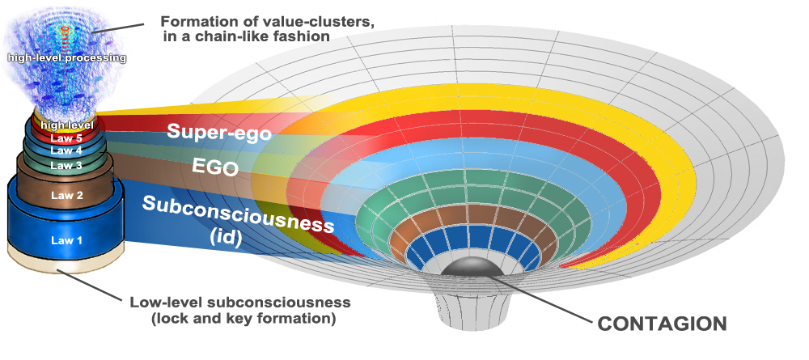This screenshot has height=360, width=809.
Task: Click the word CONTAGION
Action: click(x=662, y=324)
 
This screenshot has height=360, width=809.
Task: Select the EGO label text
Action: click(x=214, y=168)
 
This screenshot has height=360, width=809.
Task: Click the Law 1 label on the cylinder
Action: click(x=66, y=240)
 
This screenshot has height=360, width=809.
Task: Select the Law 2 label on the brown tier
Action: click(x=66, y=195)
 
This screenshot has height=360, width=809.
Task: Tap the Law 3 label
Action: click(x=66, y=165)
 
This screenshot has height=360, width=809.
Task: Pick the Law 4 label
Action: click(x=66, y=150)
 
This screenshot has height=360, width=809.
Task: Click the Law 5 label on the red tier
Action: click(x=66, y=138)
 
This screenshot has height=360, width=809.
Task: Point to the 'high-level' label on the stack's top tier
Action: click(x=67, y=125)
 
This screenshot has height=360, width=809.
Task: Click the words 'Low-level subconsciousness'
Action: click(x=240, y=303)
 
